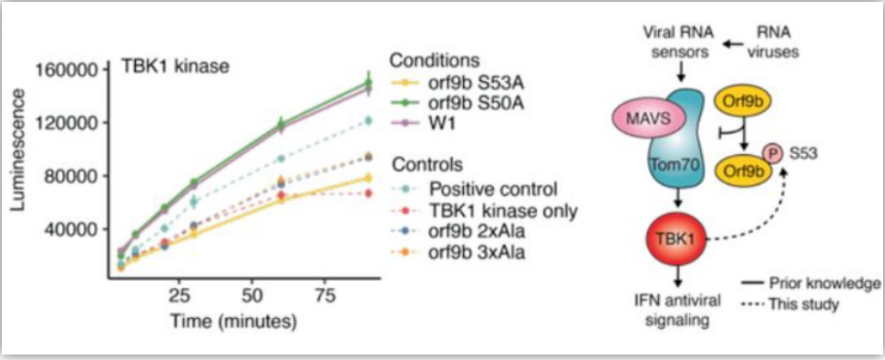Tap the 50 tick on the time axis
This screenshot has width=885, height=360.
[252, 297]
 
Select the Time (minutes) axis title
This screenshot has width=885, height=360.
[233, 322]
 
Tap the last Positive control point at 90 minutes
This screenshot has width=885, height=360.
[368, 120]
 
